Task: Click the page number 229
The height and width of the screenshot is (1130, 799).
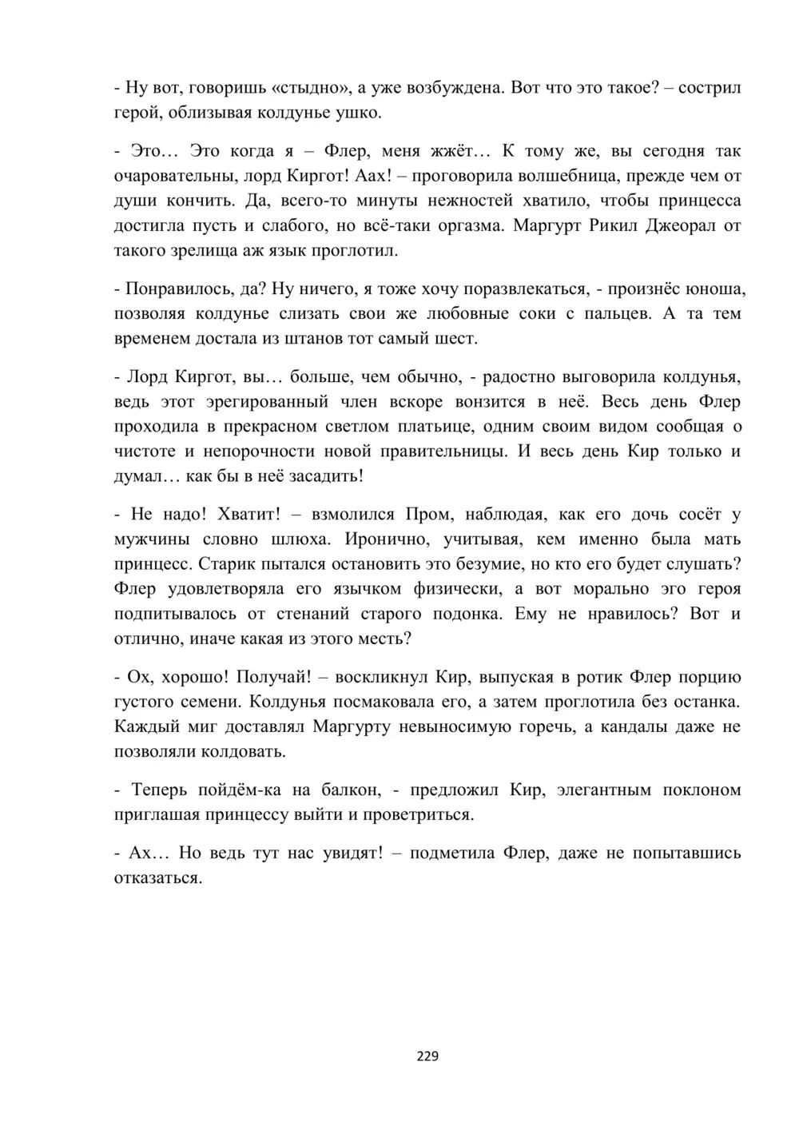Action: [x=427, y=1056]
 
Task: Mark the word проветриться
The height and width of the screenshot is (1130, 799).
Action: [x=419, y=814]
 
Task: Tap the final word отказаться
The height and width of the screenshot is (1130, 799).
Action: [x=157, y=877]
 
